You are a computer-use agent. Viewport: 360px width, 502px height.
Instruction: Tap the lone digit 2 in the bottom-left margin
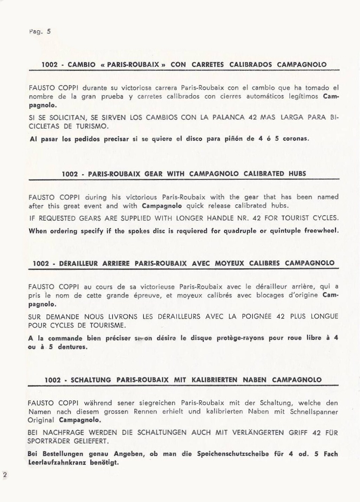point(5,475)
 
